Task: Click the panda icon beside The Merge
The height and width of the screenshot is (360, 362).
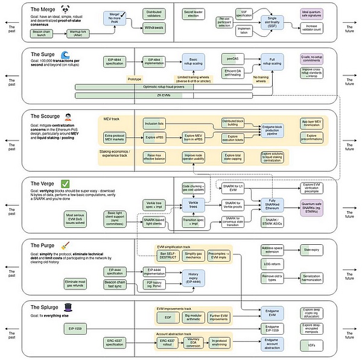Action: (81, 9)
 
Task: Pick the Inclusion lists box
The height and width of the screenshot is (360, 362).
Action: (155, 124)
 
